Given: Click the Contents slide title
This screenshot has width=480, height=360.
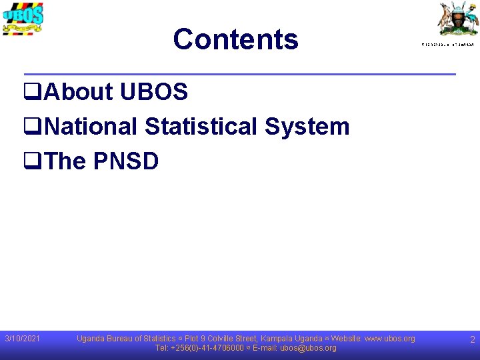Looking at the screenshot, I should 235,39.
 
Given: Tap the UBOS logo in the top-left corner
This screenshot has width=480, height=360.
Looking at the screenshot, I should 23,18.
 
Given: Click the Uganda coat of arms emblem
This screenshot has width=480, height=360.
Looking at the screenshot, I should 457,19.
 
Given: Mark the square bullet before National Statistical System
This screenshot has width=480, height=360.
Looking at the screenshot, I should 33,127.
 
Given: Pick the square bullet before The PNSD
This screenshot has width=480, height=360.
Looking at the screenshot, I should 33,161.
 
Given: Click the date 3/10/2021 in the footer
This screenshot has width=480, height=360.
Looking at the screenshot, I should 22,339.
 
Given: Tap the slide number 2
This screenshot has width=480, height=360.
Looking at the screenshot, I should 472,340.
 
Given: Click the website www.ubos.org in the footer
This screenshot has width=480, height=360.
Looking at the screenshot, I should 389,339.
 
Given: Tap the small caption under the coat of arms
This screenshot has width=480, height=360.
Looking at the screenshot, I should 447,44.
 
